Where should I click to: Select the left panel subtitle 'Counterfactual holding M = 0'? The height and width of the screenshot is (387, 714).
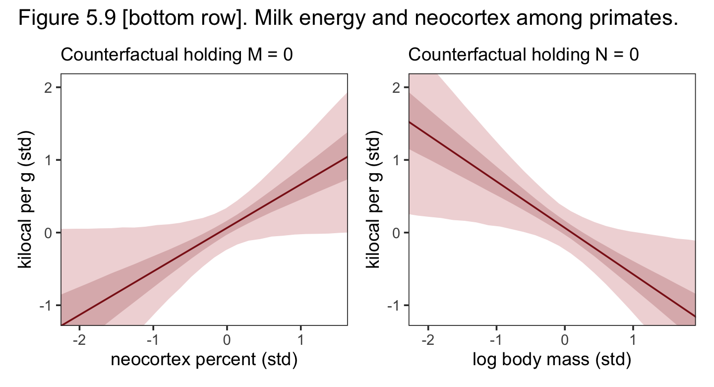tap(176, 56)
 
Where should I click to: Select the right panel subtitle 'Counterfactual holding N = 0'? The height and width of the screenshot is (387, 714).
tap(524, 56)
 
